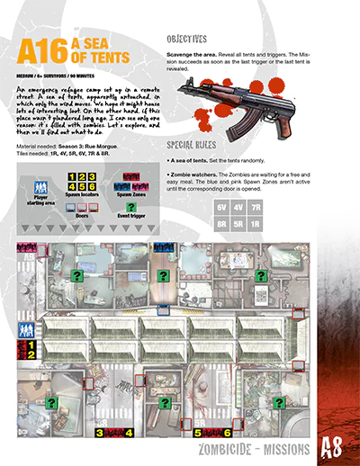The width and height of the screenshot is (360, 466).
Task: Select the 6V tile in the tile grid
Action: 221,207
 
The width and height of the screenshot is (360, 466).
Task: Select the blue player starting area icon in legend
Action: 40,188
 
